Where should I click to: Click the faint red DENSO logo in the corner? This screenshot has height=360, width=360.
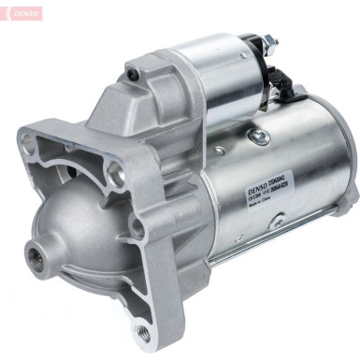[21, 14]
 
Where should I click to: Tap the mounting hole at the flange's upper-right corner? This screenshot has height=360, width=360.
[114, 169]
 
